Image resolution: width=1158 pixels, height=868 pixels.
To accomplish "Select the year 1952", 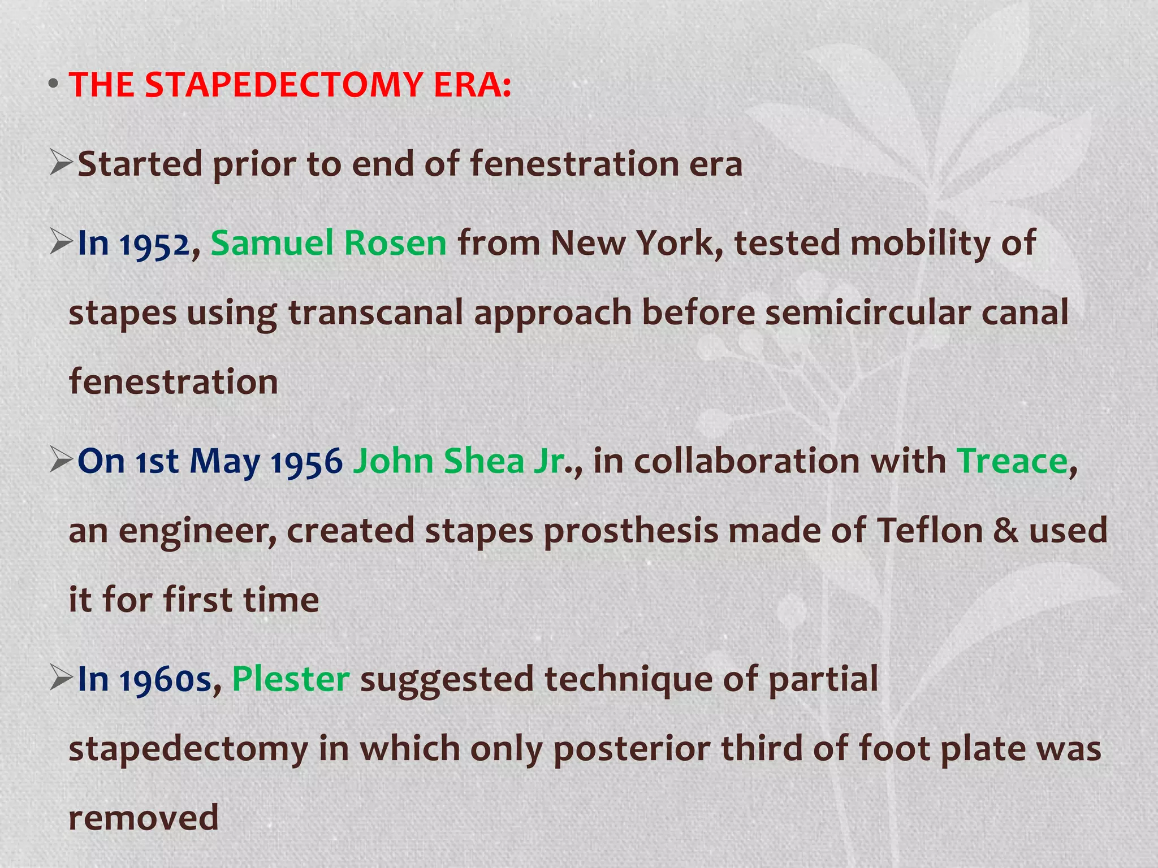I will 154,244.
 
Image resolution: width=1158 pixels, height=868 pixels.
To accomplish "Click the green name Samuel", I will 272,243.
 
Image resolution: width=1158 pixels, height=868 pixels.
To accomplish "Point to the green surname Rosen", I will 395,243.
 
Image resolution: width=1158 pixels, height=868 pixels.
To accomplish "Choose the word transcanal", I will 375,313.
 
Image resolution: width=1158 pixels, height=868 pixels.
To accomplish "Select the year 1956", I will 306,462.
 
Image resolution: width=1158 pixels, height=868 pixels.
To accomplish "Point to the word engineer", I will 197,532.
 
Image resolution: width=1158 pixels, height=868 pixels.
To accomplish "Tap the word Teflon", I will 930,531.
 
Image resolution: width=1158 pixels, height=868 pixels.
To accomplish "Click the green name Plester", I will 291,679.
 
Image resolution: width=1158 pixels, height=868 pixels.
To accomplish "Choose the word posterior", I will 631,749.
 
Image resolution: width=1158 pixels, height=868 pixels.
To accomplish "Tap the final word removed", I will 144,818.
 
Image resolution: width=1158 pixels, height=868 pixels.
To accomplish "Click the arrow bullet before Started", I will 61,163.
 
